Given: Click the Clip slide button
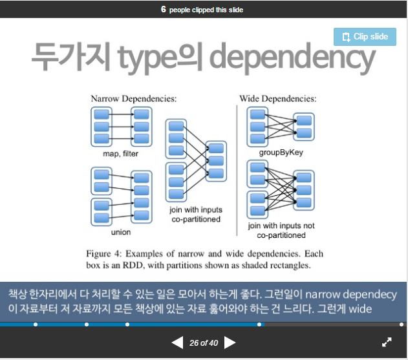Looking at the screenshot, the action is point(365,37).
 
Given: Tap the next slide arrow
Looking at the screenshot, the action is point(230,343).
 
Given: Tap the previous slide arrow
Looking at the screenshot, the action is point(177,343).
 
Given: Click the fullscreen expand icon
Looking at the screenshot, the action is point(387,342).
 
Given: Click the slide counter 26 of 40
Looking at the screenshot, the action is point(204,343).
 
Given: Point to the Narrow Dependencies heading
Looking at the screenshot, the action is point(133,99).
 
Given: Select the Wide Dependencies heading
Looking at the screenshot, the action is point(278,99).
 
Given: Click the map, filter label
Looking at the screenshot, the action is point(120,154).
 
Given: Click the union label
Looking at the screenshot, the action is point(121,232).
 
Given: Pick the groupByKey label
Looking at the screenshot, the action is point(281,153).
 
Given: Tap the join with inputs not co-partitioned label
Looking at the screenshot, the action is point(281,230).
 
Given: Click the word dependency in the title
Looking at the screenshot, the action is point(292,58).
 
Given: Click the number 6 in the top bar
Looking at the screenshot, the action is point(164,9).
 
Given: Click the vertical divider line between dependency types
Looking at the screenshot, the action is point(237,171).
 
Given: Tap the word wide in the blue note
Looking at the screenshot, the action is point(360,309).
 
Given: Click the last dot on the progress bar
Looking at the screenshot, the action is point(402,324).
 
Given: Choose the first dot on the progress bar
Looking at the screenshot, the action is point(36,324).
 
